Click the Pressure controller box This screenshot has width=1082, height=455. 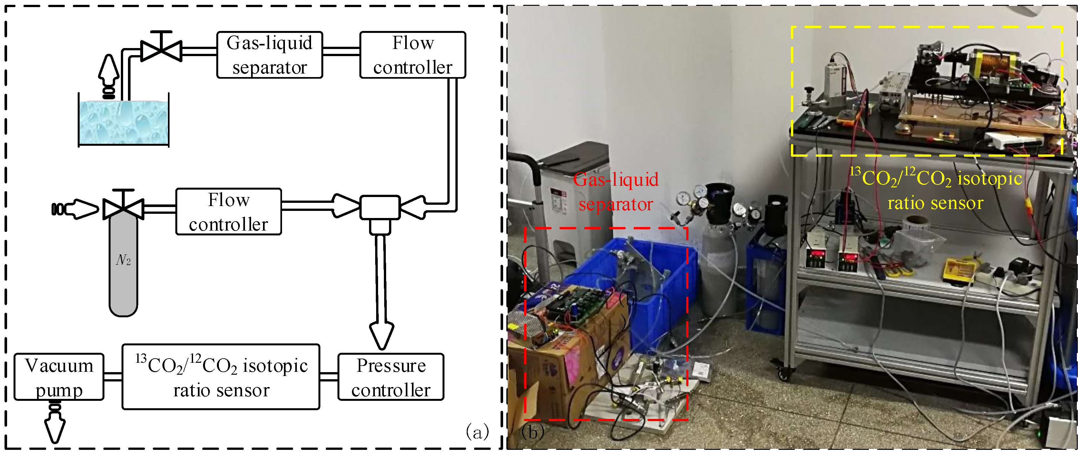[391, 377]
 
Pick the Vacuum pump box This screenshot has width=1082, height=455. [59, 377]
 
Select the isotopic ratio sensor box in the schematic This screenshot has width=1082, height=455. [221, 377]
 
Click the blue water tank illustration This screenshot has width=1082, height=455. [123, 123]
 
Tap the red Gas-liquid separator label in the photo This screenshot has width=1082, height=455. [616, 192]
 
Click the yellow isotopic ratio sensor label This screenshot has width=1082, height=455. [936, 190]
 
